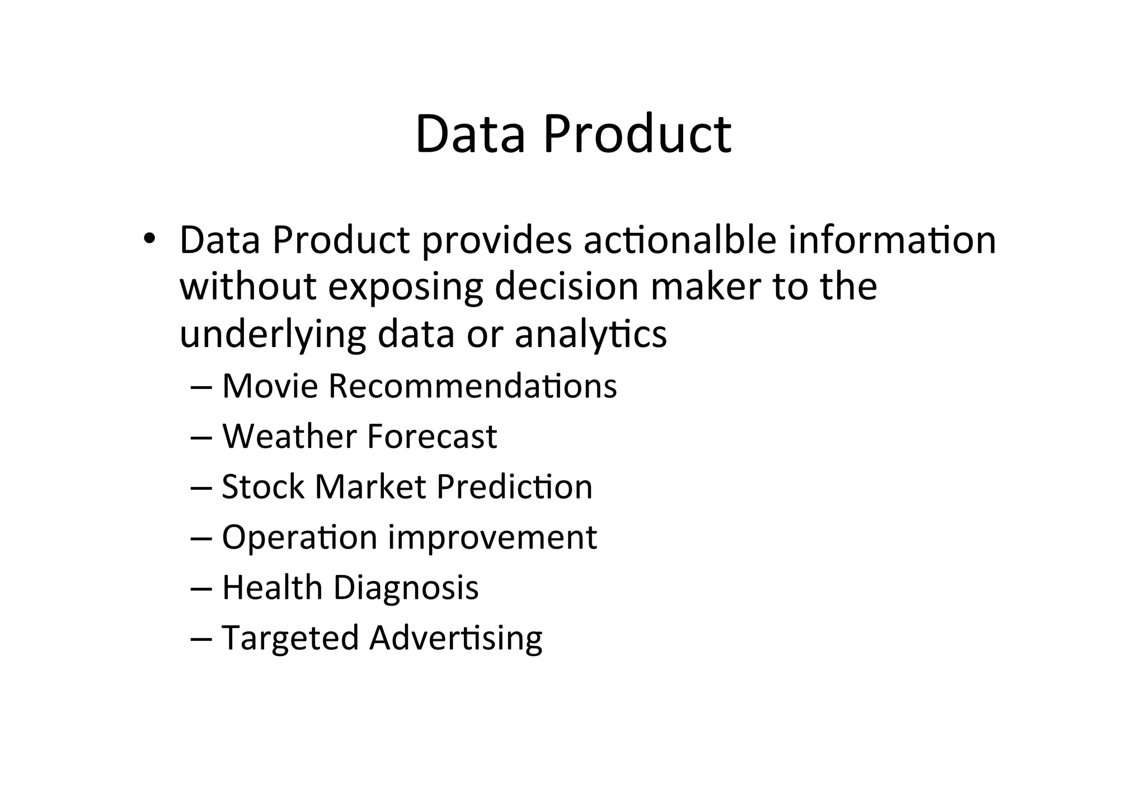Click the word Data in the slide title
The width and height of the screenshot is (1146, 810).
coord(470,134)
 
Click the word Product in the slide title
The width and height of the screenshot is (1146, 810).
coord(637,134)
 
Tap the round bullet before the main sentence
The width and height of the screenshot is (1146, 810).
coord(148,239)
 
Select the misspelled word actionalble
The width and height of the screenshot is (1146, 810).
coord(679,240)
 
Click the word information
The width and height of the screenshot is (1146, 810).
coord(892,240)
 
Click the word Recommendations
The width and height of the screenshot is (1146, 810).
coord(472,386)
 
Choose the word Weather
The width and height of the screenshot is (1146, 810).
coord(289,437)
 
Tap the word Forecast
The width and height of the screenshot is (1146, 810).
coord(432,437)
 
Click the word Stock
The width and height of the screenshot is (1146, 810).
coord(263,486)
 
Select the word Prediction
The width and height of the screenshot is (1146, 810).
coord(514,486)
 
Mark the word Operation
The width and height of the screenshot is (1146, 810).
coord(299,538)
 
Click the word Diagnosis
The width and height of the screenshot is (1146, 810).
coord(406,588)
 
